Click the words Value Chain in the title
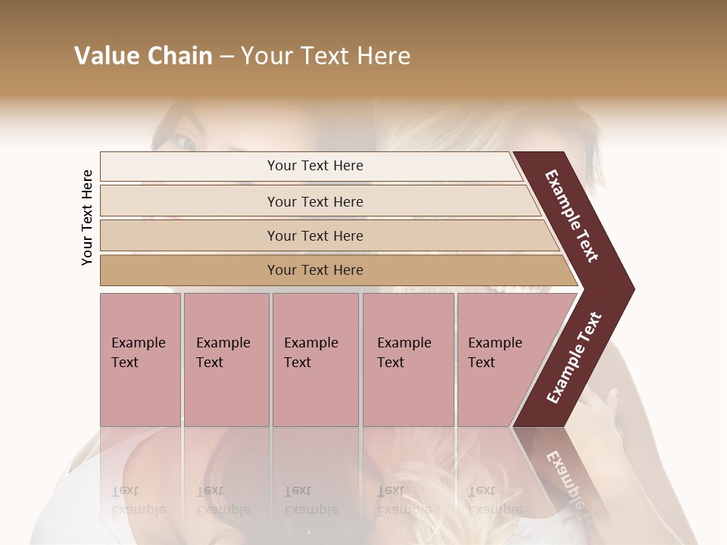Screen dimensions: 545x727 point(143,56)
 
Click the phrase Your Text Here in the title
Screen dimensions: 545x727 point(326,56)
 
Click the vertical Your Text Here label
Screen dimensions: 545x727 point(87,217)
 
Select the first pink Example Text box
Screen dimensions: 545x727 point(140,360)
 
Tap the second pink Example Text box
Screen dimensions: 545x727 point(226,360)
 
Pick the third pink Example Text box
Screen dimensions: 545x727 point(315,360)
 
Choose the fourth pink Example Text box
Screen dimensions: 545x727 point(407,360)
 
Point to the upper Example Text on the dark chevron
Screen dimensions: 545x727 point(572,216)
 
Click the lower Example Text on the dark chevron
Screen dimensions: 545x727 point(573,358)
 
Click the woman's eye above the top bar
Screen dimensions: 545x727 point(184,142)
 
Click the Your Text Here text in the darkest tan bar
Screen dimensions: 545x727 point(315,270)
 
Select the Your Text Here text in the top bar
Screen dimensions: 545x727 point(315,166)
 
